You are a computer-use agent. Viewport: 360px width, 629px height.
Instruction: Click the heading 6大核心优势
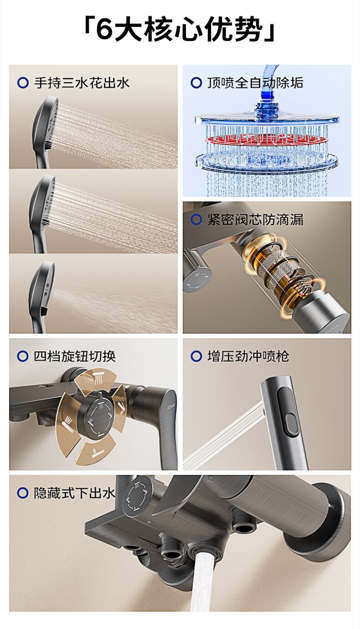pyautogui.click(x=180, y=29)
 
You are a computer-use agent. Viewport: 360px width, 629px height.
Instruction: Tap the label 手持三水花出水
pyautogui.click(x=81, y=83)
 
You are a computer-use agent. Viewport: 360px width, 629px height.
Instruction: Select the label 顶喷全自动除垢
pyautogui.click(x=255, y=83)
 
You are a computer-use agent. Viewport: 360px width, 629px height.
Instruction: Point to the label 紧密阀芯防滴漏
pyautogui.click(x=255, y=220)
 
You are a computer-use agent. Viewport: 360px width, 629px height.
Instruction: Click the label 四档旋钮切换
pyautogui.click(x=75, y=356)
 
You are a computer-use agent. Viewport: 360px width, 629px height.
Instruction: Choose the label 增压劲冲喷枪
pyautogui.click(x=248, y=356)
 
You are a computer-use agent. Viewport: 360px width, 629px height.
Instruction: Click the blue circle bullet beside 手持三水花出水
pyautogui.click(x=23, y=83)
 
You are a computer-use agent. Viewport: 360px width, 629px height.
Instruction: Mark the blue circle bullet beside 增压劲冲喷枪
pyautogui.click(x=196, y=356)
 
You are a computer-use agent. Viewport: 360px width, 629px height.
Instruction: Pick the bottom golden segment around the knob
pyautogui.click(x=96, y=450)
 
